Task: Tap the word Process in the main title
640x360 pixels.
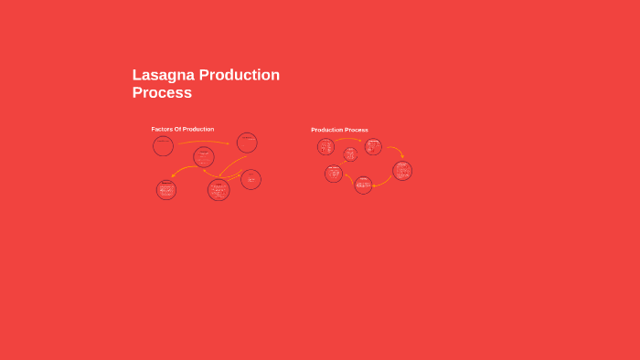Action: click(162, 92)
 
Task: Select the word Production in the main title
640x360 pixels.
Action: click(240, 75)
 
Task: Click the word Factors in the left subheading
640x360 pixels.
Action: click(162, 129)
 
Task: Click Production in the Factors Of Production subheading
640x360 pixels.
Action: click(198, 129)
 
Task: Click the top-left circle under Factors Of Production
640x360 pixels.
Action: click(163, 145)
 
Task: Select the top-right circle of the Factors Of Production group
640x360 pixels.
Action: click(247, 143)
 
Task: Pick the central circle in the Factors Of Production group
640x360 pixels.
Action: click(204, 157)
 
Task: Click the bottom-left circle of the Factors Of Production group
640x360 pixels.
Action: click(166, 190)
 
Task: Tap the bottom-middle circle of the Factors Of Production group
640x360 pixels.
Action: click(219, 189)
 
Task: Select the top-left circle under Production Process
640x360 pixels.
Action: click(325, 146)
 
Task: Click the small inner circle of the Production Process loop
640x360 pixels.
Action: click(350, 154)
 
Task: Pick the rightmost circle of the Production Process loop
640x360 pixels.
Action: click(402, 171)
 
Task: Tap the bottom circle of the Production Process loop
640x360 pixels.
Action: click(363, 185)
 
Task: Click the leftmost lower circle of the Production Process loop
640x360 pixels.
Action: click(334, 174)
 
